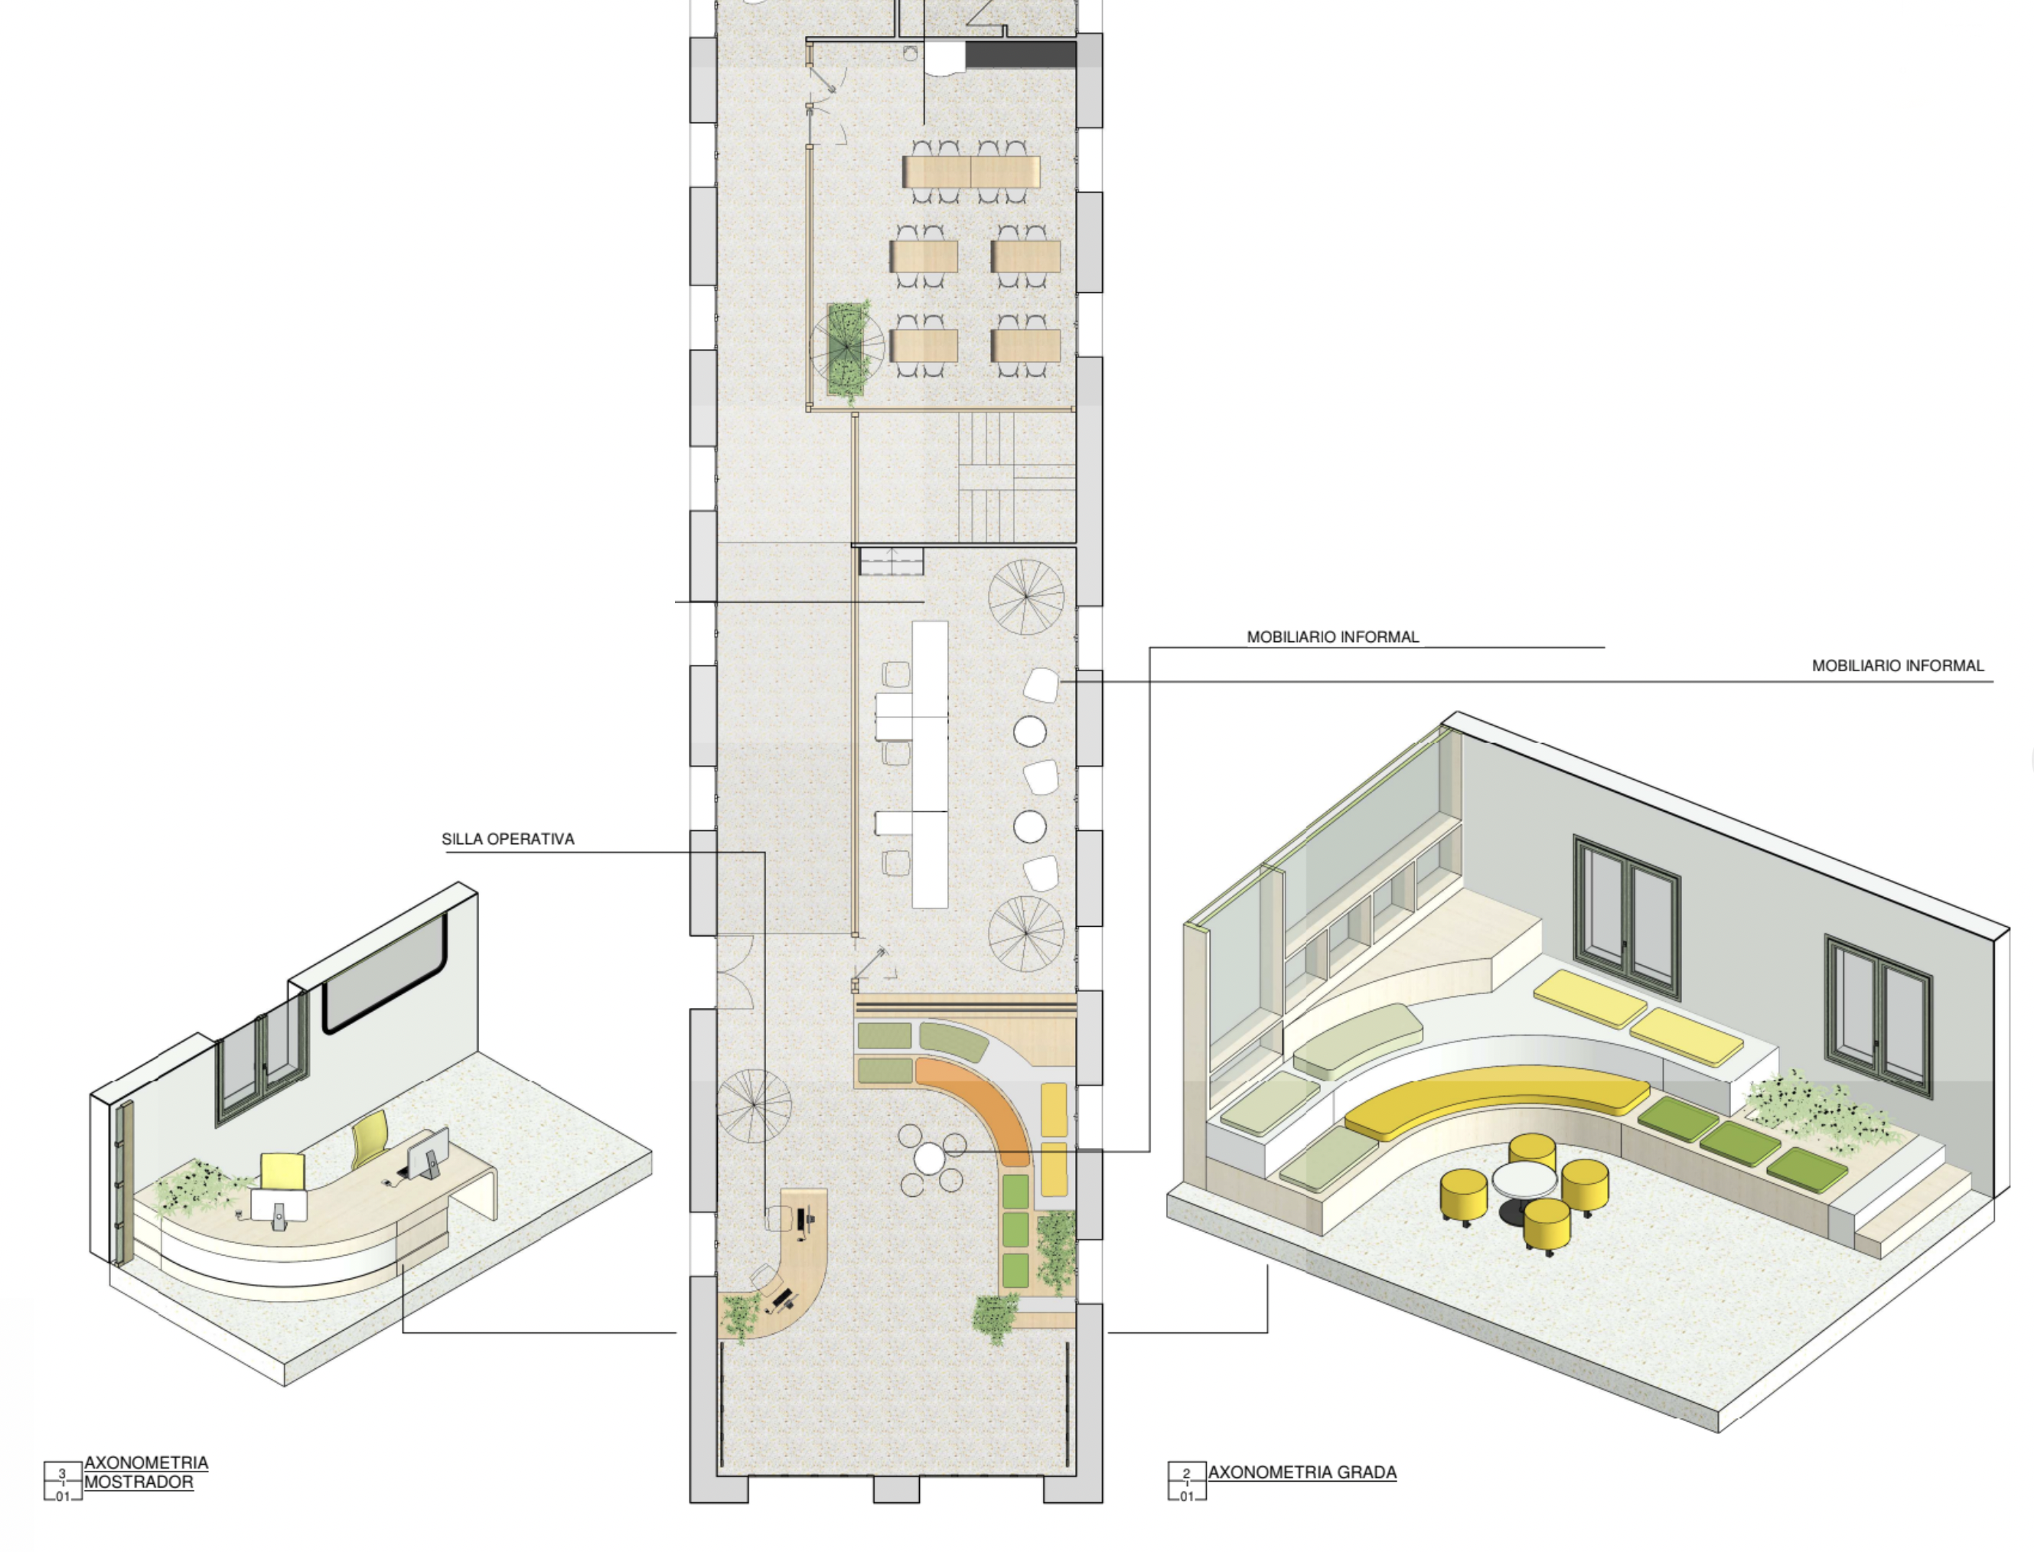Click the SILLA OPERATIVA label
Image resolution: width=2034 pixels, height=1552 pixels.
pyautogui.click(x=508, y=839)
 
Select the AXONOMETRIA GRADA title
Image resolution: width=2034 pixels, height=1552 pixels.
pyautogui.click(x=1302, y=1472)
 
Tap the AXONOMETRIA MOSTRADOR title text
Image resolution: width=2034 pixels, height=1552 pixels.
pyautogui.click(x=146, y=1472)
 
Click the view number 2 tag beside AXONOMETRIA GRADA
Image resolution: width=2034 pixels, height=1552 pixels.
pyautogui.click(x=1187, y=1473)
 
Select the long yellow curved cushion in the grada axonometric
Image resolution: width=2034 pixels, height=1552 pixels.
pyautogui.click(x=1496, y=1099)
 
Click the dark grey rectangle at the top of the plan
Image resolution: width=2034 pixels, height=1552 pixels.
pyautogui.click(x=1021, y=54)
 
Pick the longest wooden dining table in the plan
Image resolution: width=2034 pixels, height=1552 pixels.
pyautogui.click(x=971, y=172)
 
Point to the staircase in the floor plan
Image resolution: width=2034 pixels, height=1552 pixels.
pyautogui.click(x=1016, y=477)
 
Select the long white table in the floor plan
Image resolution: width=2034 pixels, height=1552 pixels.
pyautogui.click(x=929, y=764)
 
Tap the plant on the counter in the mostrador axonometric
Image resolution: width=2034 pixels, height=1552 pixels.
pyautogui.click(x=199, y=1187)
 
